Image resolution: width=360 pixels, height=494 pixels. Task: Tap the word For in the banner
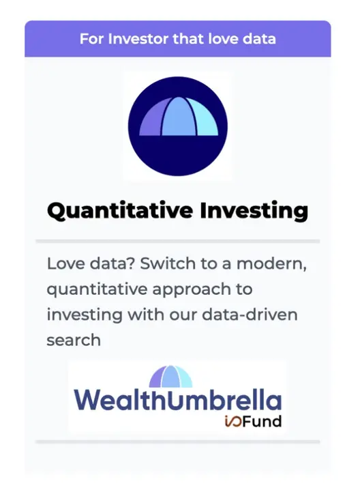91,39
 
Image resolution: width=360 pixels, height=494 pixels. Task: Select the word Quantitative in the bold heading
120,211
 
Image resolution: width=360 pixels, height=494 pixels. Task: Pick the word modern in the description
271,264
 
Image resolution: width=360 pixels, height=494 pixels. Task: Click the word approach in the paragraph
192,290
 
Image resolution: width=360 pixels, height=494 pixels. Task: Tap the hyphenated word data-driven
250,315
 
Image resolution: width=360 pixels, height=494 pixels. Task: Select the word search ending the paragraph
74,340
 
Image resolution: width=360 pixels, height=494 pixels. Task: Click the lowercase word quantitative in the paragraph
97,290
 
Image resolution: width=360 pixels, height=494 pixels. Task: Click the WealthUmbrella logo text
178,399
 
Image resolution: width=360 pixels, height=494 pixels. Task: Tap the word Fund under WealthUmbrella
262,422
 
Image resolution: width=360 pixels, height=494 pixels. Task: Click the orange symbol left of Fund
233,422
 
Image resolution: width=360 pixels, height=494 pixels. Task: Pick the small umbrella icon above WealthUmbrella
170,377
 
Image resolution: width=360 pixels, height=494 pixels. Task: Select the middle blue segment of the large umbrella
179,117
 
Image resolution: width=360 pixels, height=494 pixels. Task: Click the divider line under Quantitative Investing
178,242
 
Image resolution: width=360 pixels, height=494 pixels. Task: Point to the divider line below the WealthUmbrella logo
178,442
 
